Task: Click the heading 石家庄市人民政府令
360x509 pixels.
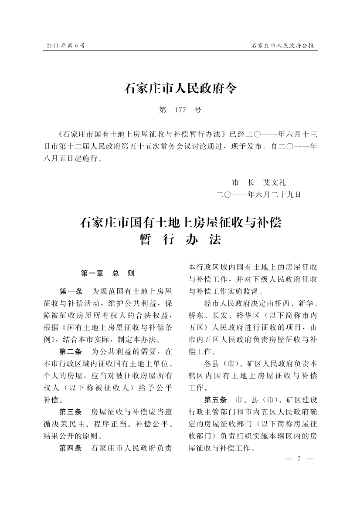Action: coord(180,88)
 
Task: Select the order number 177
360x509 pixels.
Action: coord(180,110)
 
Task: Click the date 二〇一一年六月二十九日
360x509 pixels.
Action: coord(259,194)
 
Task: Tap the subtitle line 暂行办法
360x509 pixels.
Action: coord(180,240)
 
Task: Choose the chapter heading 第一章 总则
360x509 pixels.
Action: coord(108,273)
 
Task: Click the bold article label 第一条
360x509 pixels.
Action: coord(71,290)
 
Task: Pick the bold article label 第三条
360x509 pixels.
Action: coord(71,411)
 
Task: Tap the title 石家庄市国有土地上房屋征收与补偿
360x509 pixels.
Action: coord(180,223)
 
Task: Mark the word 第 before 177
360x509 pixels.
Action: coord(163,110)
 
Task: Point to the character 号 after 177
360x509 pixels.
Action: coord(198,110)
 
